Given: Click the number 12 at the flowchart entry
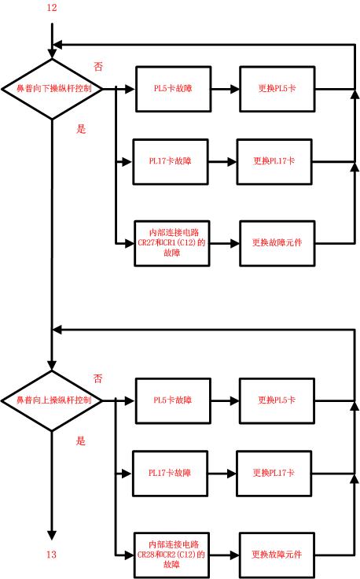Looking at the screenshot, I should click(52, 8).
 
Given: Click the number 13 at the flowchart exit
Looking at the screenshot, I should click(52, 555).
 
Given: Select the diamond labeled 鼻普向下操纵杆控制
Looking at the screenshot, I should click(52, 89).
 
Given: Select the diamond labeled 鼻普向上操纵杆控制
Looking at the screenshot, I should click(52, 400).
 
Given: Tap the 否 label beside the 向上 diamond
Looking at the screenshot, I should click(98, 378).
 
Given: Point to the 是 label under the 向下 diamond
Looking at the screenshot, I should click(81, 129).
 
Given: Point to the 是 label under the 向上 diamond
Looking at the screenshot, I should click(81, 441).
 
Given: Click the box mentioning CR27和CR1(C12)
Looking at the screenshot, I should click(171, 243).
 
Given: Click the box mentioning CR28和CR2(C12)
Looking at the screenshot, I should click(171, 554).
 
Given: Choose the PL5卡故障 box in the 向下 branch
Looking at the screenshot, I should click(172, 89).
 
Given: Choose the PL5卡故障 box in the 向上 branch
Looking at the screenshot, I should click(172, 400).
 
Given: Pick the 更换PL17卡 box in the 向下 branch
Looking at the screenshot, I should click(274, 161).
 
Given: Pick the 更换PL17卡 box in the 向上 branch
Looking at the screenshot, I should click(274, 474).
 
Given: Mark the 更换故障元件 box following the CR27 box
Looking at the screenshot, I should click(277, 243).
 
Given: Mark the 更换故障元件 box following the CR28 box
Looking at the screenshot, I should click(277, 554).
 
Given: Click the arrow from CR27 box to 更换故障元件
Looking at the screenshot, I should click(224, 243).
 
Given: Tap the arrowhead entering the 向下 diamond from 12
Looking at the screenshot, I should click(52, 53).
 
